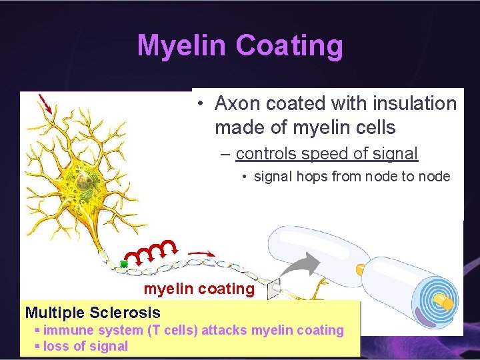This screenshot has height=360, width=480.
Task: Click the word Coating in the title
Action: click(289, 46)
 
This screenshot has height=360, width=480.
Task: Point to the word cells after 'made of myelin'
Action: click(375, 127)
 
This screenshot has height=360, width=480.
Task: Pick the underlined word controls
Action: click(266, 153)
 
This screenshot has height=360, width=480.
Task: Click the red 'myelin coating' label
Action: click(199, 289)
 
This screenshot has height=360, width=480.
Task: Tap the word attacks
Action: click(223, 330)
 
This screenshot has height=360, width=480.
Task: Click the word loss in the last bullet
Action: click(56, 346)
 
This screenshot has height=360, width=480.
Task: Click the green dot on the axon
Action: click(124, 264)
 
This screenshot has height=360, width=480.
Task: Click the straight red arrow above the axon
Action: click(202, 254)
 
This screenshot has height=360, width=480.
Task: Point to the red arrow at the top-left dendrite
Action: click(45, 103)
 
